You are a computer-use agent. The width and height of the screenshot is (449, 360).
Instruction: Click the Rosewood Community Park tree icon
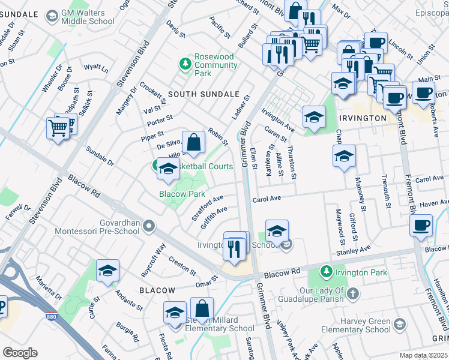(x=185, y=62)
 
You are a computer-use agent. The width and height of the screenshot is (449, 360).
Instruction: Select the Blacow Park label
(x=182, y=194)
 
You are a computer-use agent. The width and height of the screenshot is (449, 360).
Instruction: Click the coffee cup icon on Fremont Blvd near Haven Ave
(x=420, y=226)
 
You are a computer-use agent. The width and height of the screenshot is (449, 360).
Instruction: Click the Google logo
(x=20, y=353)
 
